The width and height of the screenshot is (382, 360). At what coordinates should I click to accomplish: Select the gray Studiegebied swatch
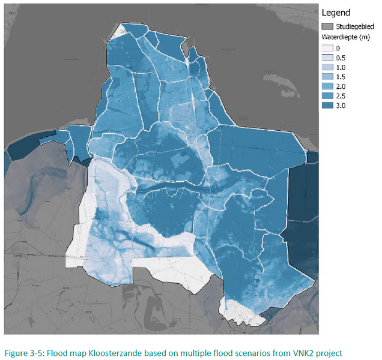pyautogui.click(x=328, y=26)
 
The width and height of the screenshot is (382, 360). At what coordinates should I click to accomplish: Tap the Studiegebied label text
pyautogui.click(x=356, y=26)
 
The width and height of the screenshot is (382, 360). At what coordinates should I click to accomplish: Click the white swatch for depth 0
pyautogui.click(x=328, y=48)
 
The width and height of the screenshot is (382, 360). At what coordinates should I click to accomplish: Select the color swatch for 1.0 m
pyautogui.click(x=328, y=67)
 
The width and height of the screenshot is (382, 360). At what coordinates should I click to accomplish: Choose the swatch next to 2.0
pyautogui.click(x=328, y=86)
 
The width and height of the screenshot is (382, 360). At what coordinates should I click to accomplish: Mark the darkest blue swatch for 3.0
pyautogui.click(x=328, y=106)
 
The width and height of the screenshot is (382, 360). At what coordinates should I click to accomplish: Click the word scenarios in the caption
pyautogui.click(x=243, y=352)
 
